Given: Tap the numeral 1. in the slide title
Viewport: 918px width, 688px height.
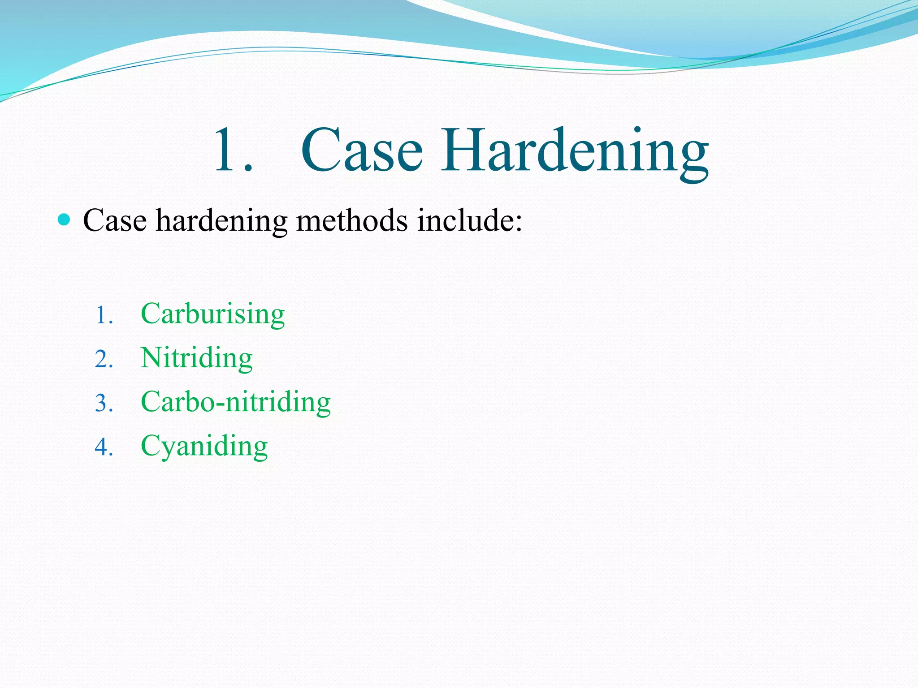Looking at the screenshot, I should [233, 150].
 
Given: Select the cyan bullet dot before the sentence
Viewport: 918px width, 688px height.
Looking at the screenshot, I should [65, 219].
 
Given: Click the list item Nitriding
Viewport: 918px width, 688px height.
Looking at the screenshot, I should [196, 358].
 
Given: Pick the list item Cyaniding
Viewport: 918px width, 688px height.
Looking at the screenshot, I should [204, 446].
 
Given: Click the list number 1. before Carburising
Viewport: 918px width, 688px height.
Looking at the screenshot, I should [104, 315].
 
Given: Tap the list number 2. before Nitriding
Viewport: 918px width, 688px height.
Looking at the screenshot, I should [104, 359].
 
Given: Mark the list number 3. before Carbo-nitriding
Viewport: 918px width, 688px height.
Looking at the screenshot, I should [104, 403].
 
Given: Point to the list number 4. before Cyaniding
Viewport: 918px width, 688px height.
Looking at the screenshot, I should [104, 447].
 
